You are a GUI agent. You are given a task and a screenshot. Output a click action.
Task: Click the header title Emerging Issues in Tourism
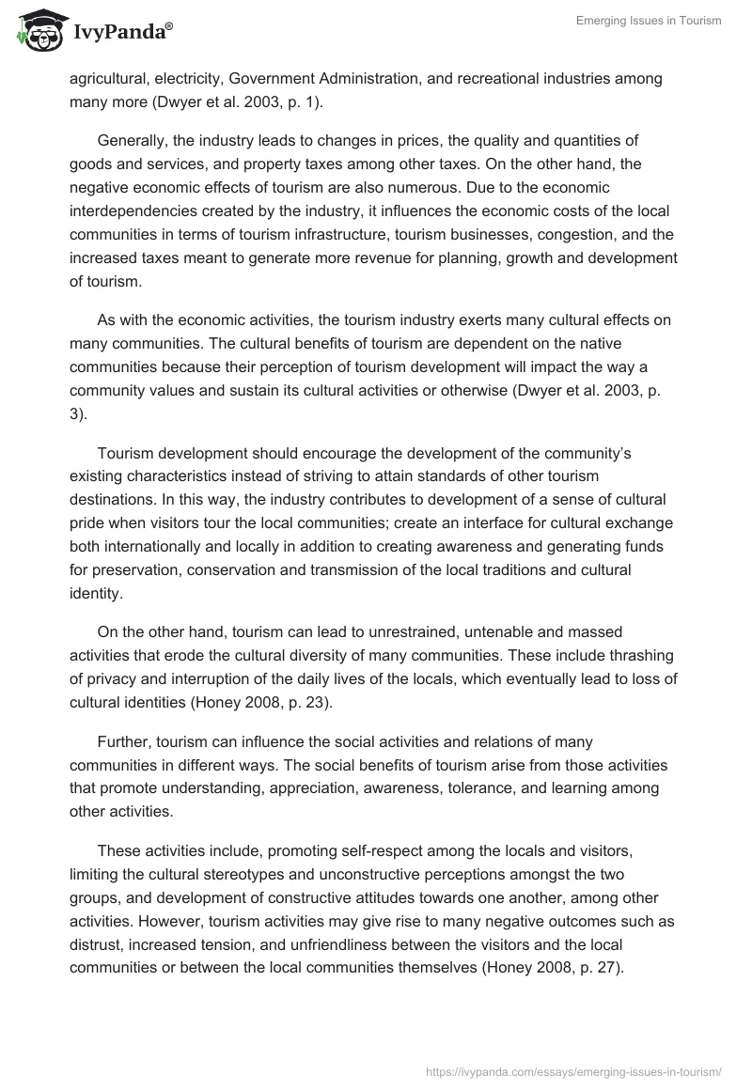coord(648,21)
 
